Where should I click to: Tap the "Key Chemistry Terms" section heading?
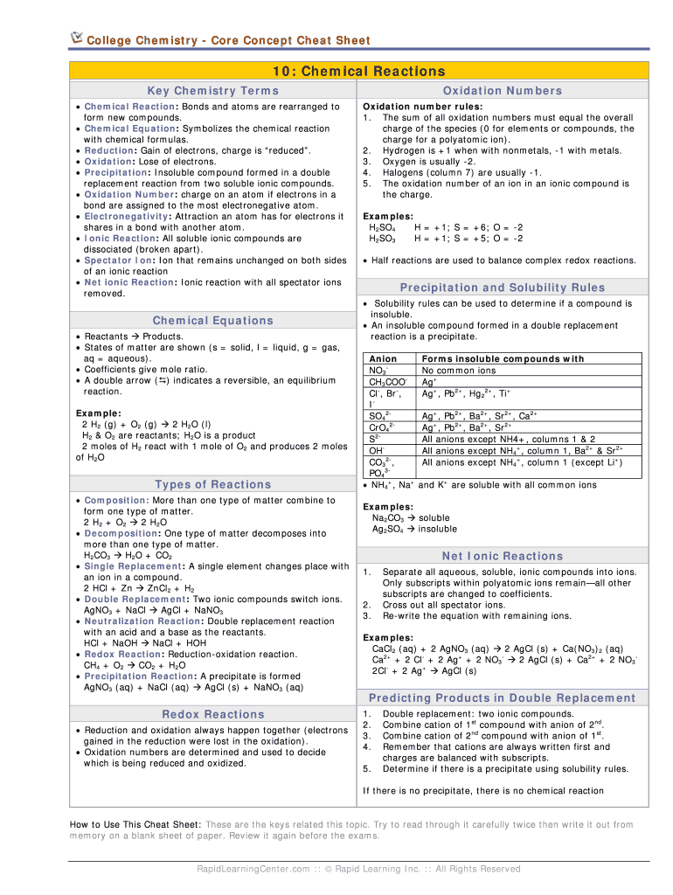(x=213, y=91)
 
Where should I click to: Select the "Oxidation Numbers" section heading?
(x=503, y=91)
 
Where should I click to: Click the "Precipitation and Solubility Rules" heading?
(x=503, y=288)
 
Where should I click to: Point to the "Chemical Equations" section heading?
(x=213, y=321)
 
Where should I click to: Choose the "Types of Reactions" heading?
(x=213, y=484)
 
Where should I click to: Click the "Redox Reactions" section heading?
(x=213, y=714)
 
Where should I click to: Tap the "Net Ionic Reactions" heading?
(x=503, y=556)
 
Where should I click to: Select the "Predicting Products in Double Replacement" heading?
(x=503, y=697)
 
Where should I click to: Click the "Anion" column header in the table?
(x=384, y=359)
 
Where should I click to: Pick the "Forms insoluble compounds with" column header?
(x=503, y=359)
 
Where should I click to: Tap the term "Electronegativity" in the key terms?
(x=127, y=216)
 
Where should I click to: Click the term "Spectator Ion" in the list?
(x=117, y=260)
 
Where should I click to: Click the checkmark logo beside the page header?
(x=77, y=38)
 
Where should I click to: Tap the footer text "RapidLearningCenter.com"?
(x=253, y=869)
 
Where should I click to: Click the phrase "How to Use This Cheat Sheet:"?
(x=135, y=824)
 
